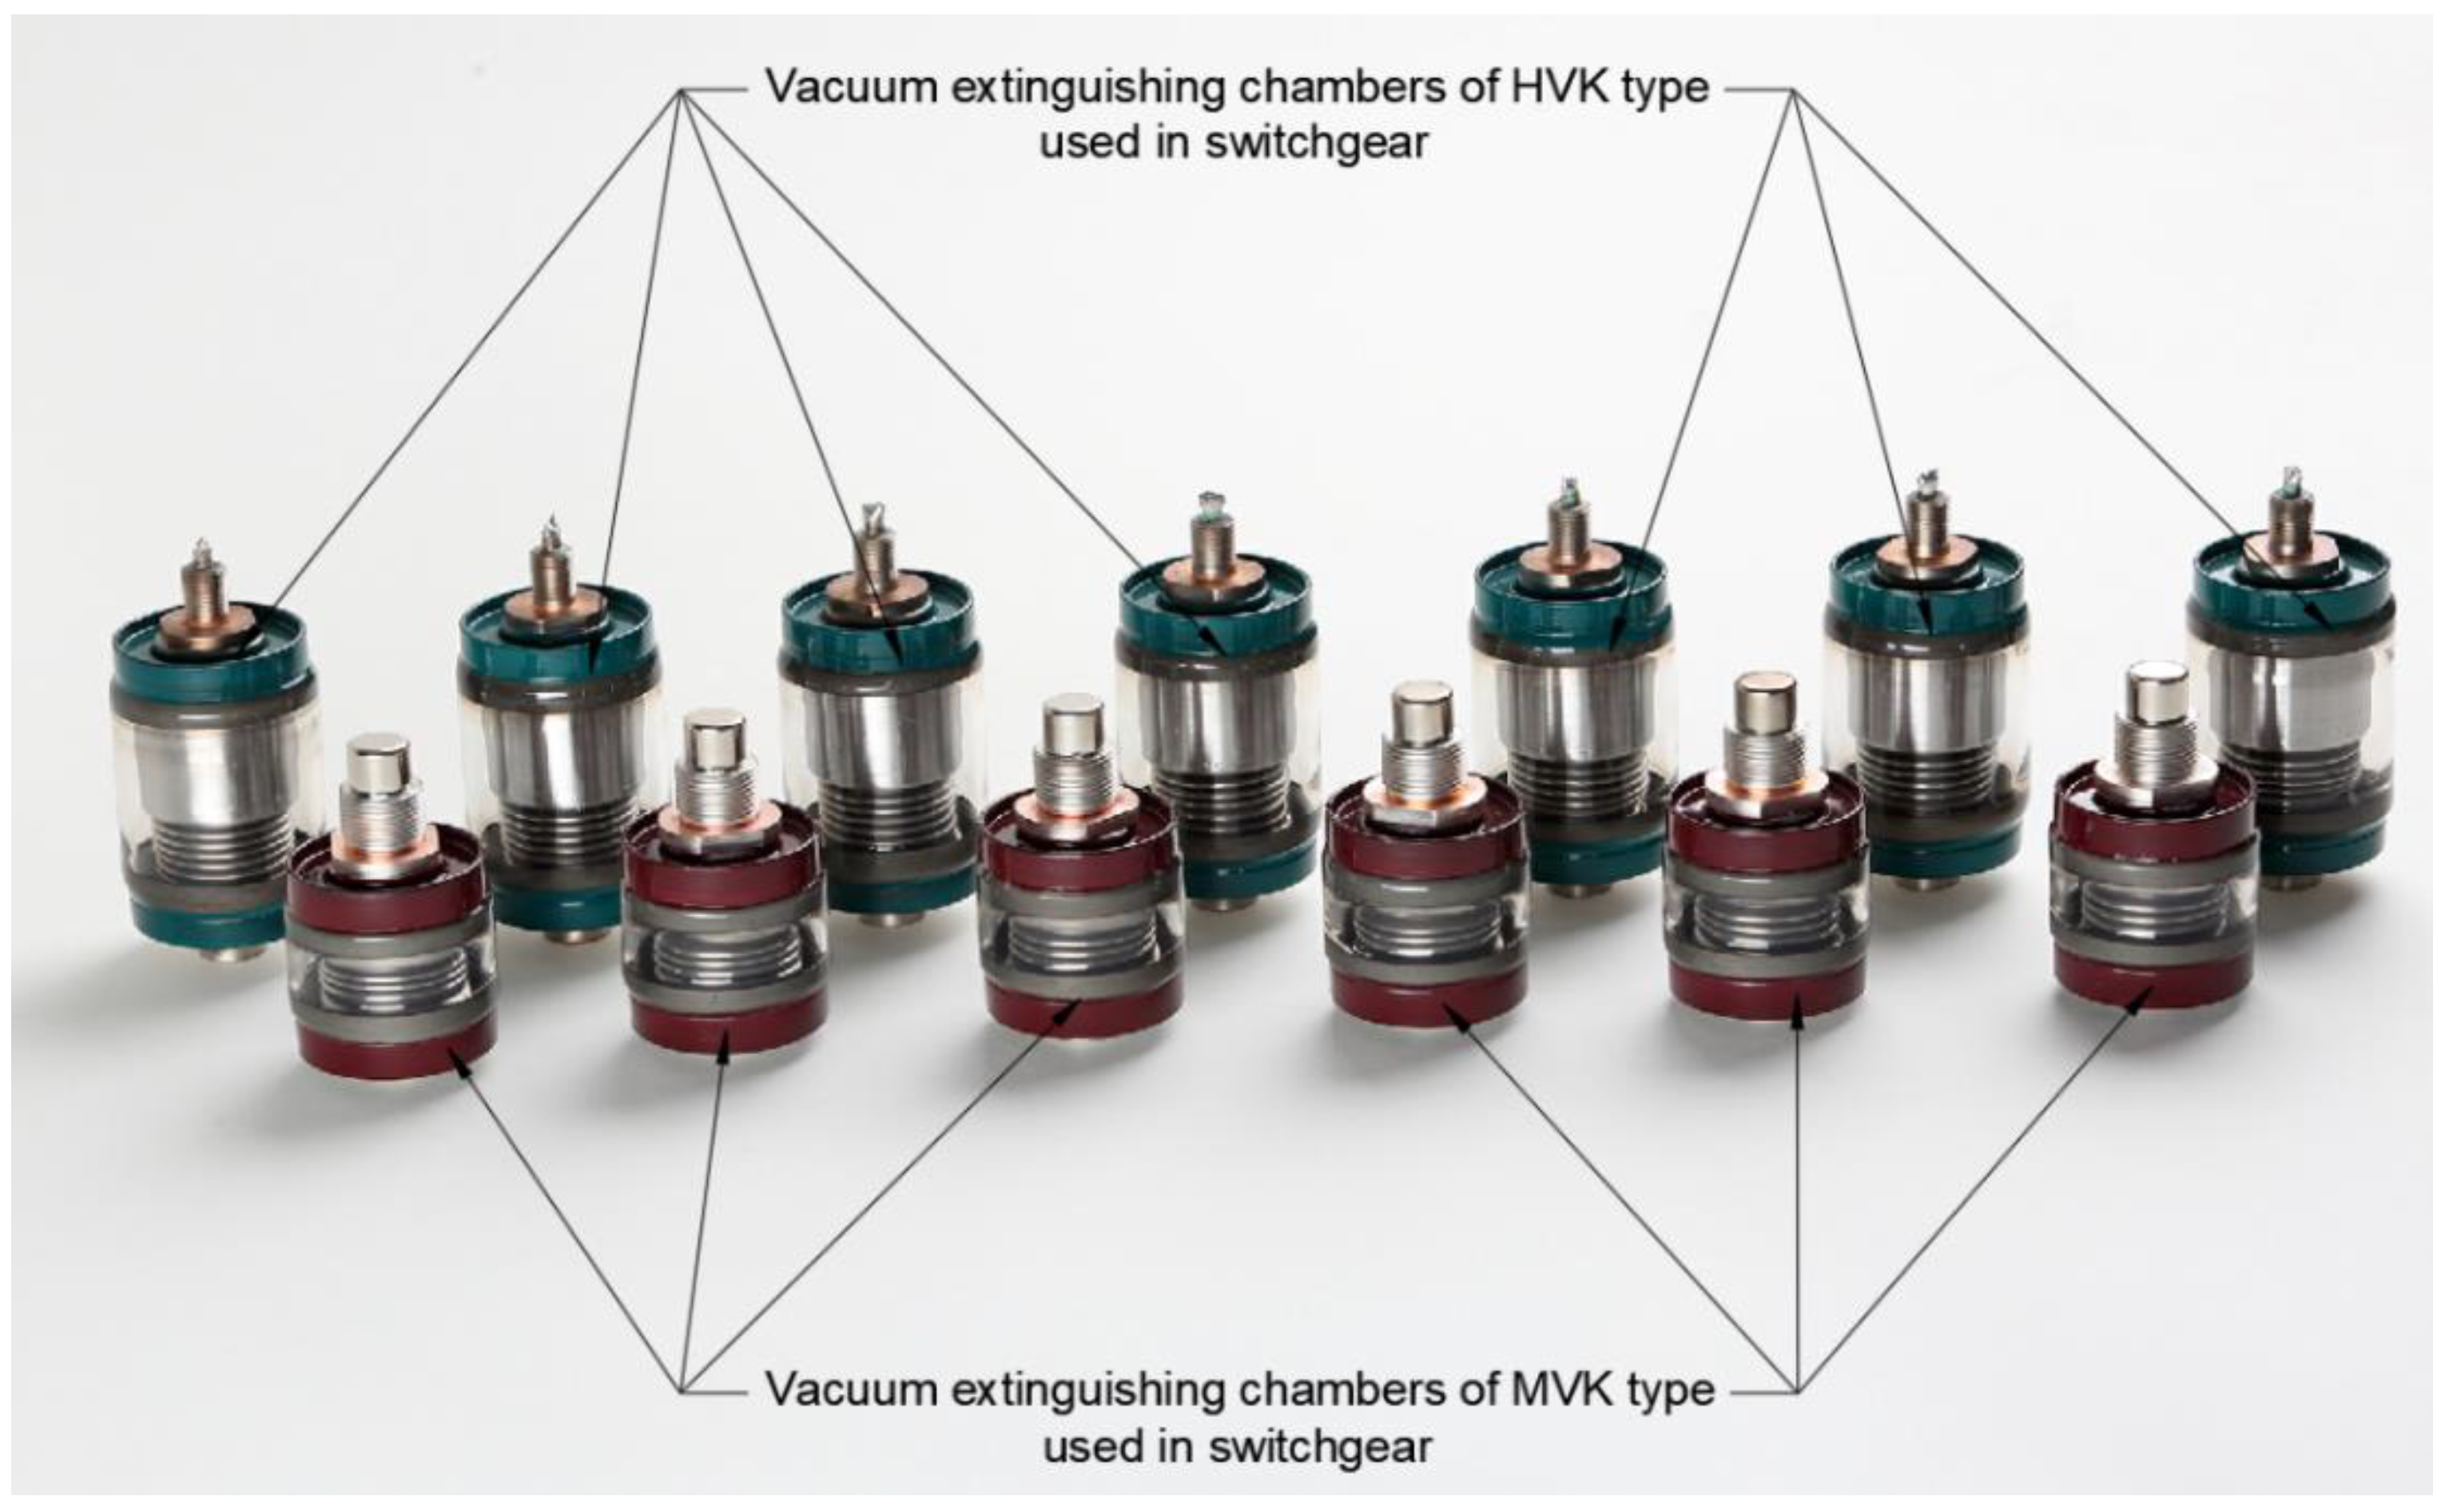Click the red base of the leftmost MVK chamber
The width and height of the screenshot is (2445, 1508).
point(397,1052)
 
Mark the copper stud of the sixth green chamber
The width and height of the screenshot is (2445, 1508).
point(1926,519)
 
